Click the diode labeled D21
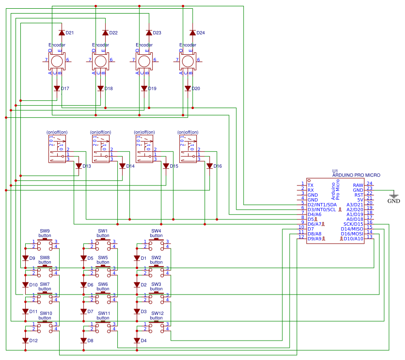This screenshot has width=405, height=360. tap(62, 33)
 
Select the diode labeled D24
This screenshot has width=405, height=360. tap(192, 33)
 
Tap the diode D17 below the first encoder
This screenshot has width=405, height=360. tap(57, 89)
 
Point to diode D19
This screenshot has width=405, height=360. tap(144, 89)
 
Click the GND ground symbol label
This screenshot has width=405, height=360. tap(394, 201)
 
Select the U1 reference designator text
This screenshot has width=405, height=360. tap(335, 171)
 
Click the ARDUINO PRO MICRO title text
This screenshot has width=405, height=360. tap(356, 175)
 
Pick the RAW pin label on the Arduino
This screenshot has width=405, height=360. tap(358, 185)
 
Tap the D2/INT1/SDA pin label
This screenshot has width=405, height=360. tap(322, 204)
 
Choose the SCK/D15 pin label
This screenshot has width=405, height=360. tap(353, 224)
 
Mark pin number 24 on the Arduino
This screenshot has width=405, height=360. tap(369, 184)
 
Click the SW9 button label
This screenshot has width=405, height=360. tap(45, 231)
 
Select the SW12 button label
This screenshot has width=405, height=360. tap(157, 313)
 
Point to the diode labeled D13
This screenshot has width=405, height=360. tap(78, 166)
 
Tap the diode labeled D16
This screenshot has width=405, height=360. tap(209, 166)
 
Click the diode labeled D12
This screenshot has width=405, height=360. tap(25, 340)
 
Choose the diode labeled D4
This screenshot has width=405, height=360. tap(137, 340)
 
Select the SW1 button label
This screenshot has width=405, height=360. tap(103, 231)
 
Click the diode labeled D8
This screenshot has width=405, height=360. tap(83, 340)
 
